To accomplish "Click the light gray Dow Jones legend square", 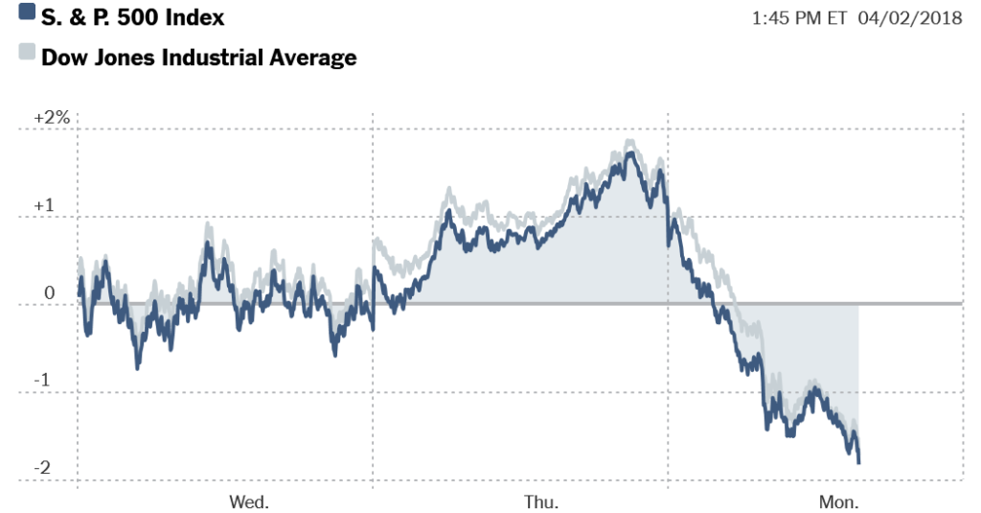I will [26, 54].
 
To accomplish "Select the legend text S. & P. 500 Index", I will [132, 16].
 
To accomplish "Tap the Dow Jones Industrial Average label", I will [198, 57].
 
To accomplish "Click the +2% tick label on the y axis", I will [52, 117].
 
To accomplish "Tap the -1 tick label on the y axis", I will [43, 381].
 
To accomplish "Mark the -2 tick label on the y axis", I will [43, 468].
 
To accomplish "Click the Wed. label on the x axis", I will [249, 501].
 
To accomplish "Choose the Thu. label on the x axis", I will [541, 501].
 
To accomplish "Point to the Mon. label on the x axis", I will [839, 501].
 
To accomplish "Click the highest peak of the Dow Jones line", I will [629, 141].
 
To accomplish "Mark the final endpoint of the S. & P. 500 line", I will [858, 462].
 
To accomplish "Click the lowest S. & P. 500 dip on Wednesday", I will [137, 367].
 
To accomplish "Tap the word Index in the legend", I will [196, 16].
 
